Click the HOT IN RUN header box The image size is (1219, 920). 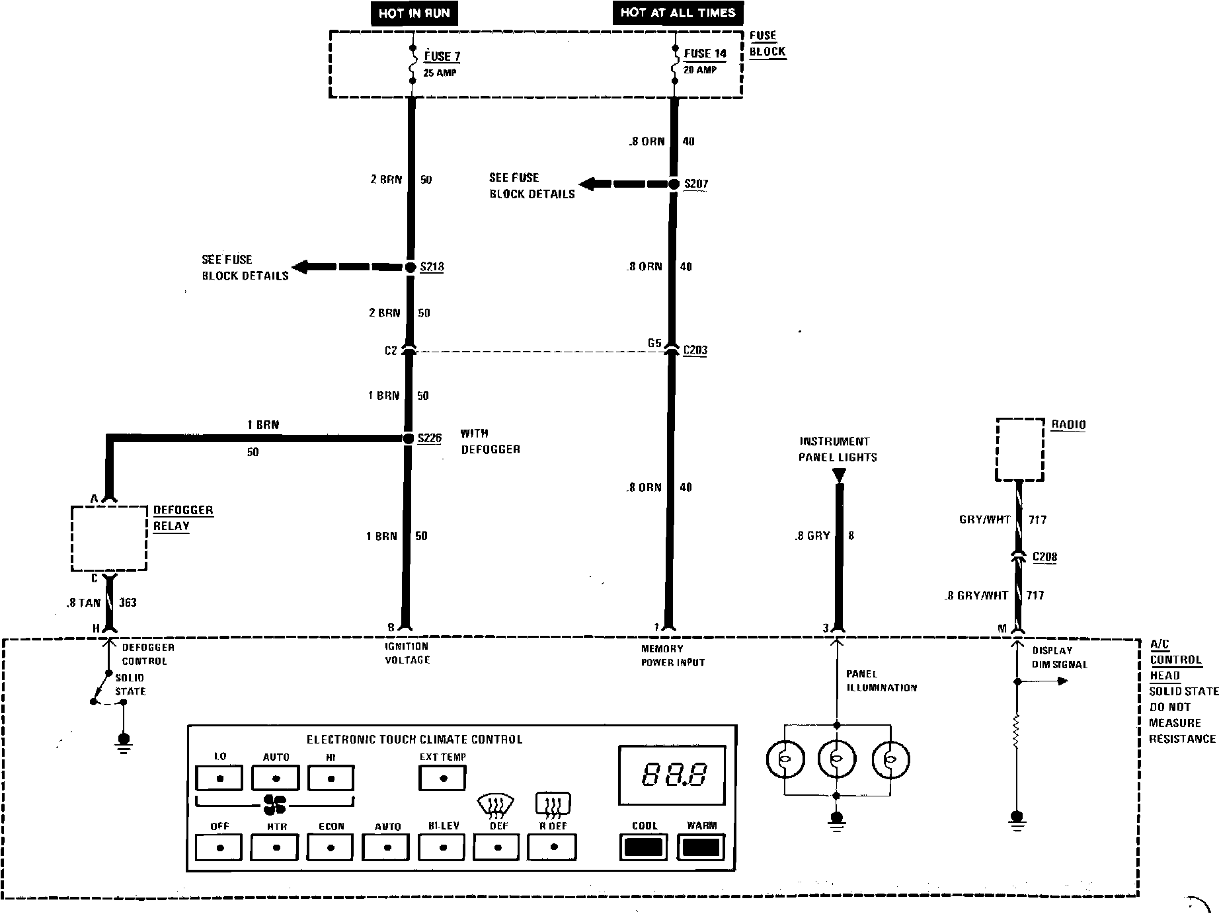tap(414, 14)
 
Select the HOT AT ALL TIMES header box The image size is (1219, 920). tap(678, 13)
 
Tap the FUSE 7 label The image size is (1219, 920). tap(442, 57)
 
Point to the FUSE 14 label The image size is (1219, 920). tap(705, 54)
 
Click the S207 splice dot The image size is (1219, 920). tap(674, 184)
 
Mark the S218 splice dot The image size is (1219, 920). tap(410, 267)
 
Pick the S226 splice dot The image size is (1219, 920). tap(408, 438)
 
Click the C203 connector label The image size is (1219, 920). tap(695, 350)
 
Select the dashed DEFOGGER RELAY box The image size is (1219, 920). tap(109, 538)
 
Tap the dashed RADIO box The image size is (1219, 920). tap(1020, 449)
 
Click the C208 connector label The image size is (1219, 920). tap(1044, 557)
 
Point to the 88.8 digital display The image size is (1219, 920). tap(672, 775)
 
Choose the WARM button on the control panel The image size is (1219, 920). tap(701, 847)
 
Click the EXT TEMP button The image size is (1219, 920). tap(443, 777)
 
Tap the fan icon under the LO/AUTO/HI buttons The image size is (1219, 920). tap(274, 804)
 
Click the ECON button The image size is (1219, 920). tap(331, 847)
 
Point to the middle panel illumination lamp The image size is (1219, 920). tap(837, 759)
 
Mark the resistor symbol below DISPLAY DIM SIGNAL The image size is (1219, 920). tap(1016, 732)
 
